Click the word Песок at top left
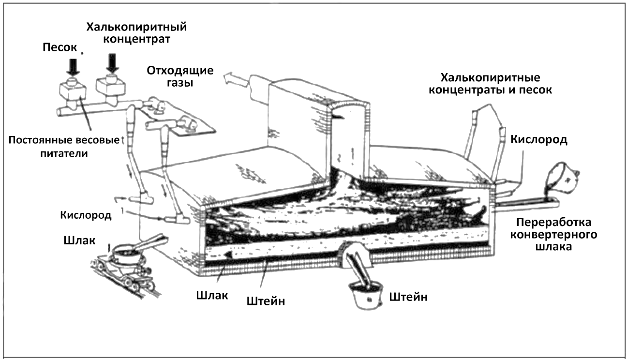60,47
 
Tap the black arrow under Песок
73,67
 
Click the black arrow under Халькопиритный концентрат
112,63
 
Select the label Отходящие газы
180,76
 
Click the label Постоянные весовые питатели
64,147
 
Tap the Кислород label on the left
86,215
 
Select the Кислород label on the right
539,139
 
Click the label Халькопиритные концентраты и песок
491,84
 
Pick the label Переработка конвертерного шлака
553,234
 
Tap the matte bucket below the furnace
366,295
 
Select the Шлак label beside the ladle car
79,240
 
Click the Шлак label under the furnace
212,295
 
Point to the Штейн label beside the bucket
408,297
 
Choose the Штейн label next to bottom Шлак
266,301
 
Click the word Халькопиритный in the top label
136,27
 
